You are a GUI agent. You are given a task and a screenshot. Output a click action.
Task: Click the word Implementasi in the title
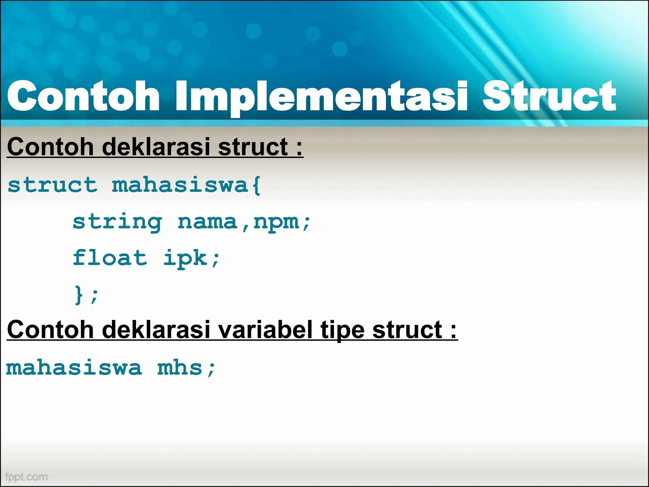pyautogui.click(x=321, y=97)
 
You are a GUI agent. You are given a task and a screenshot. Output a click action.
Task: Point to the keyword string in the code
pyautogui.click(x=117, y=222)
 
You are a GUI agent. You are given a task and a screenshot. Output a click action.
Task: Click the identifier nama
pyautogui.click(x=207, y=222)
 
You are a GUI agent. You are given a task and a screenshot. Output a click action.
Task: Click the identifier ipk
pyautogui.click(x=185, y=258)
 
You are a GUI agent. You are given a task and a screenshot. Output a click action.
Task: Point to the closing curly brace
pyautogui.click(x=79, y=295)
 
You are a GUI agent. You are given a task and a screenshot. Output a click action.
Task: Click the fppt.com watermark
pyautogui.click(x=26, y=477)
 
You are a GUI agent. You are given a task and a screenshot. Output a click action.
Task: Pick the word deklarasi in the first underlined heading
pyautogui.click(x=157, y=147)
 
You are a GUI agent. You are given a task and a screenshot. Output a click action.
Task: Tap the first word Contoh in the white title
pyautogui.click(x=83, y=97)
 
